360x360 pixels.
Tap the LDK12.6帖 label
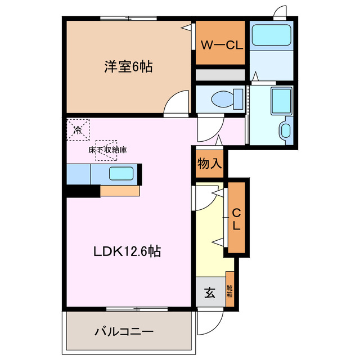[x=127, y=251]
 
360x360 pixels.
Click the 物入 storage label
[x=209, y=164]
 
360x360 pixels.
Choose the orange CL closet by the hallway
[x=237, y=219]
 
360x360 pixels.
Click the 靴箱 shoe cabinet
[x=229, y=290]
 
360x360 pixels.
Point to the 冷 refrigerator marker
[x=78, y=129]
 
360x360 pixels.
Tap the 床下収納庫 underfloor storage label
[x=107, y=150]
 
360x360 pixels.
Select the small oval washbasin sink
[x=285, y=130]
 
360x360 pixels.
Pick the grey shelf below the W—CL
[x=220, y=75]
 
